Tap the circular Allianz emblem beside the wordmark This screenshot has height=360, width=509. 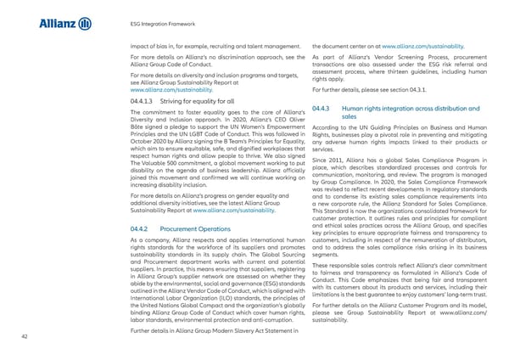85,23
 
